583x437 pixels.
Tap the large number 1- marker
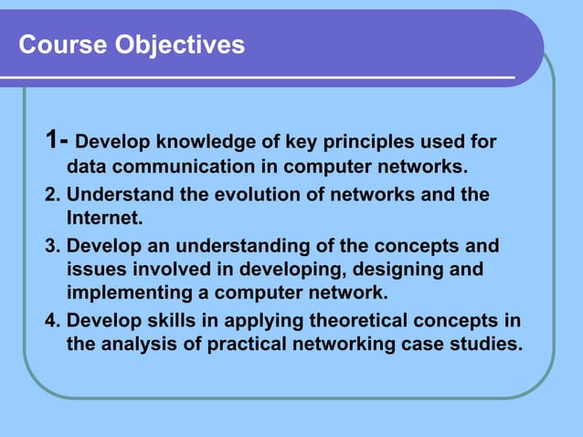pos(57,141)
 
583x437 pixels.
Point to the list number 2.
pos(51,196)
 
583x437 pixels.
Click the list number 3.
pos(51,248)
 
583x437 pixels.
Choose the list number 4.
pos(51,322)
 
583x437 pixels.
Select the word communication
pos(187,167)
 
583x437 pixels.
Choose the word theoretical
pos(342,322)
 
